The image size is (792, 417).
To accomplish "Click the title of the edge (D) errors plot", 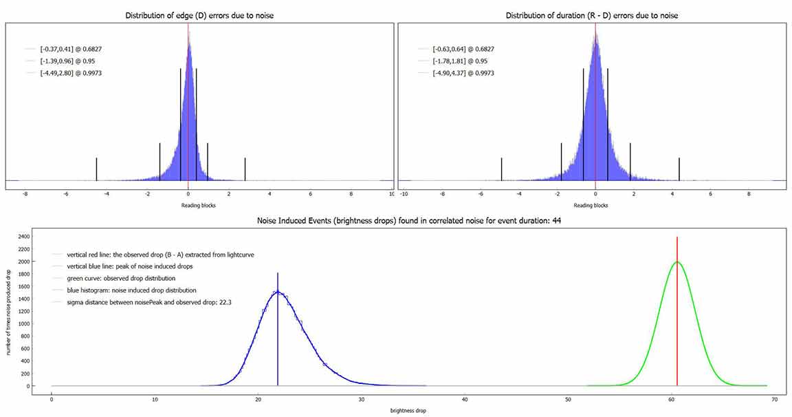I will coord(199,15).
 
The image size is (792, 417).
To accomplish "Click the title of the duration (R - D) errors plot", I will coord(592,15).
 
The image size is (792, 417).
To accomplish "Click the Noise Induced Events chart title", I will coord(395,222).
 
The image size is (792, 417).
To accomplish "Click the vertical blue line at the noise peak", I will coord(278,330).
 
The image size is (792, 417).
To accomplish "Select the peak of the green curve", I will coord(677,261).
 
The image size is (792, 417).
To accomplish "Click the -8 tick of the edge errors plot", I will coord(25,194).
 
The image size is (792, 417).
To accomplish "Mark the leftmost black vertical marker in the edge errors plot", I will coord(96,169).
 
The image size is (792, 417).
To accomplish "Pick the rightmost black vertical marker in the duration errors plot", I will coord(679,169).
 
